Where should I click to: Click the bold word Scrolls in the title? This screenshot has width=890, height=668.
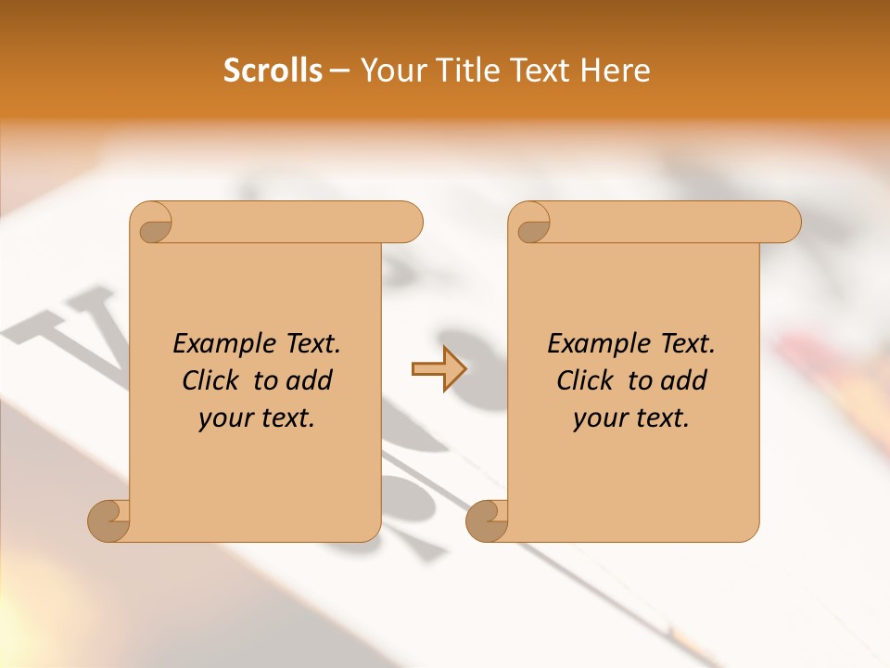click(x=273, y=71)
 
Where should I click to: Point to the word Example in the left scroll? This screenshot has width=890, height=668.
click(x=222, y=343)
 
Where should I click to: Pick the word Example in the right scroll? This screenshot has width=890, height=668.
click(x=596, y=343)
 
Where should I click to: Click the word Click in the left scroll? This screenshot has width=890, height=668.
click(x=210, y=380)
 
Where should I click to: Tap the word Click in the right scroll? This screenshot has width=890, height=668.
click(x=585, y=380)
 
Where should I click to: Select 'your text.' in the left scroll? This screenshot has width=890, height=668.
click(x=256, y=418)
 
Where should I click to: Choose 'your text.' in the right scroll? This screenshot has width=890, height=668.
click(x=630, y=418)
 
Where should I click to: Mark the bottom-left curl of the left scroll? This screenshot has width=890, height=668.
click(x=109, y=520)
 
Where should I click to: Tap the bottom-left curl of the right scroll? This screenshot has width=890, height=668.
click(x=488, y=520)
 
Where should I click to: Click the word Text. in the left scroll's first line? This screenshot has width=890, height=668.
click(x=309, y=343)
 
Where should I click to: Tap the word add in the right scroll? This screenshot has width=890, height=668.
click(x=681, y=380)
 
